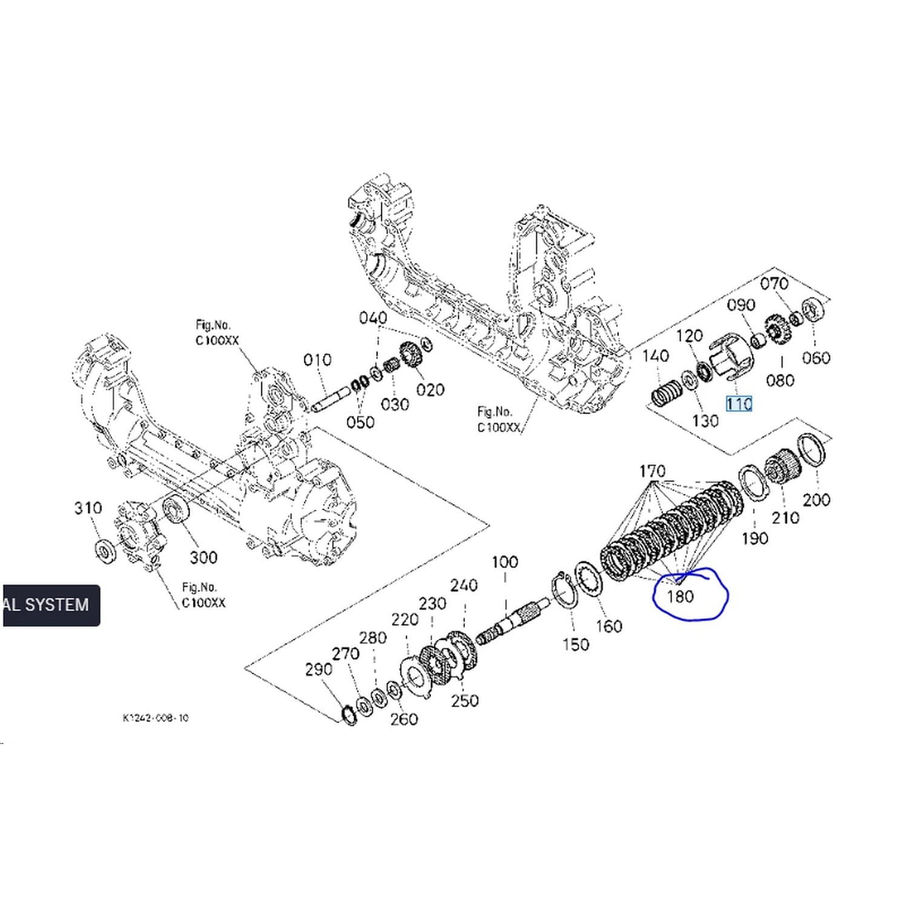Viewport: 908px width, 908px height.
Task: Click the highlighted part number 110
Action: click(739, 404)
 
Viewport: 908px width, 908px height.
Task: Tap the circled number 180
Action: click(680, 597)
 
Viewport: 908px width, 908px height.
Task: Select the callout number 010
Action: click(317, 360)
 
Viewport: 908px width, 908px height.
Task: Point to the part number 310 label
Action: click(88, 508)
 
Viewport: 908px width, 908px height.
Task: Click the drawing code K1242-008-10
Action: click(156, 718)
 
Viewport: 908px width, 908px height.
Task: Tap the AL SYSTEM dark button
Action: click(51, 605)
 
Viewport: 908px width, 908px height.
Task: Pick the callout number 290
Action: click(318, 669)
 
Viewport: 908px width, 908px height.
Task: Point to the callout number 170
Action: click(652, 471)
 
